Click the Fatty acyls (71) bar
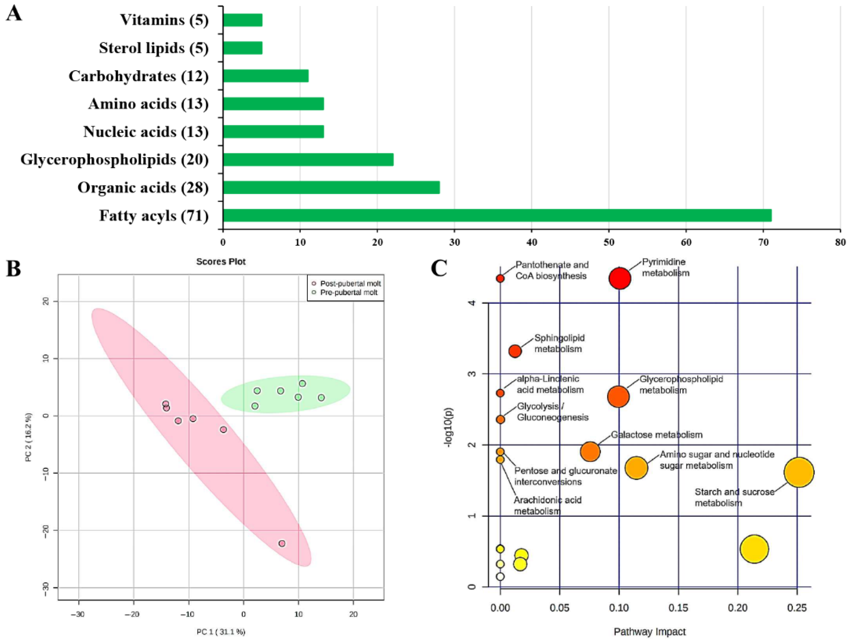tap(496, 215)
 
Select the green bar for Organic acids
tap(331, 187)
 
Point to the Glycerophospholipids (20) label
tap(115, 160)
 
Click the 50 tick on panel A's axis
tap(609, 243)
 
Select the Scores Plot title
tap(221, 262)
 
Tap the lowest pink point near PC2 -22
tap(282, 543)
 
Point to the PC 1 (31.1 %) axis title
tap(221, 632)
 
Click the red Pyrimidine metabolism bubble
tap(620, 278)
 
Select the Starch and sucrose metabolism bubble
tap(799, 472)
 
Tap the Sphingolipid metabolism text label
tap(559, 343)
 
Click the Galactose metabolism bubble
tap(590, 452)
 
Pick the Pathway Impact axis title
tap(650, 632)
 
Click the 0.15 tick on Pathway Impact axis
tap(678, 608)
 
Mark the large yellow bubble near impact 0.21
tap(754, 549)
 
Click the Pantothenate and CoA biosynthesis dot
tap(500, 278)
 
